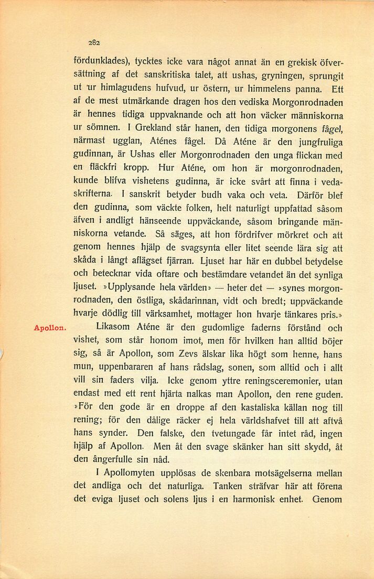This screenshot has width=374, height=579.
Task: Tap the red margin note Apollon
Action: click(49, 328)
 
